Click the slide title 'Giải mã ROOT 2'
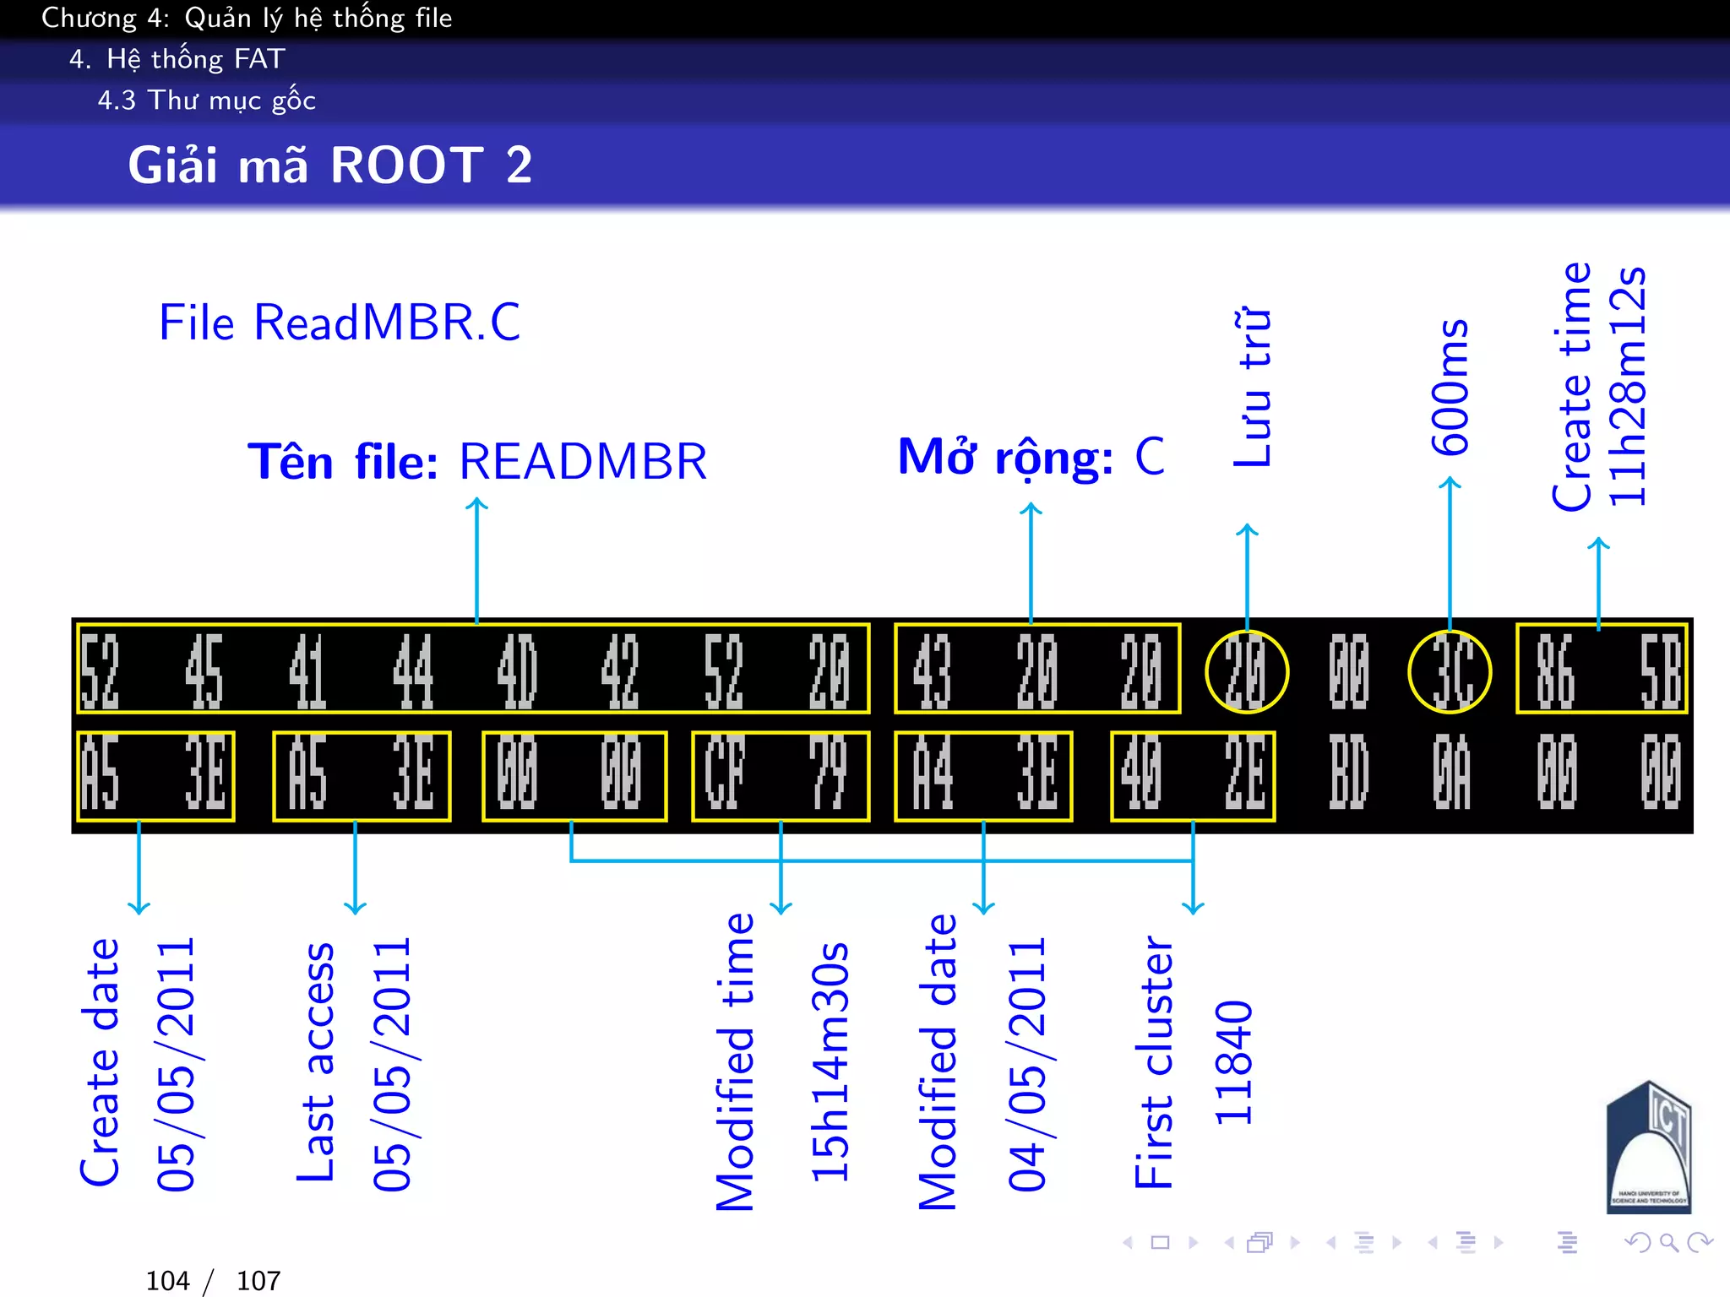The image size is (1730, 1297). coord(329,165)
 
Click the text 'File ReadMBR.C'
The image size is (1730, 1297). coord(340,323)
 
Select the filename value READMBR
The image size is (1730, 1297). coord(583,462)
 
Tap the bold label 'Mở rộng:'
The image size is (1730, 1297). coord(1005,458)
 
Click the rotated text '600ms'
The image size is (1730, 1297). coord(1450,387)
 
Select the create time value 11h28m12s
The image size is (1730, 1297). coord(1627,387)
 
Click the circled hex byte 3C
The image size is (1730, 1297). coord(1450,671)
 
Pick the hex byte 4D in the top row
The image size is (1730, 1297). coord(516,671)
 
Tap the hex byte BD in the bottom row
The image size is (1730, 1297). coord(1348,773)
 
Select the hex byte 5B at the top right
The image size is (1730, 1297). coord(1660,671)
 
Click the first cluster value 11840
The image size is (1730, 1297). coord(1233,1062)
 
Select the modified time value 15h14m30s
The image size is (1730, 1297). coord(830,1062)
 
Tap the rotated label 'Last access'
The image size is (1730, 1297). coord(315,1062)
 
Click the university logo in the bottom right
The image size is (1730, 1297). coord(1648,1148)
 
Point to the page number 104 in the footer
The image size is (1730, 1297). coord(167,1281)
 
